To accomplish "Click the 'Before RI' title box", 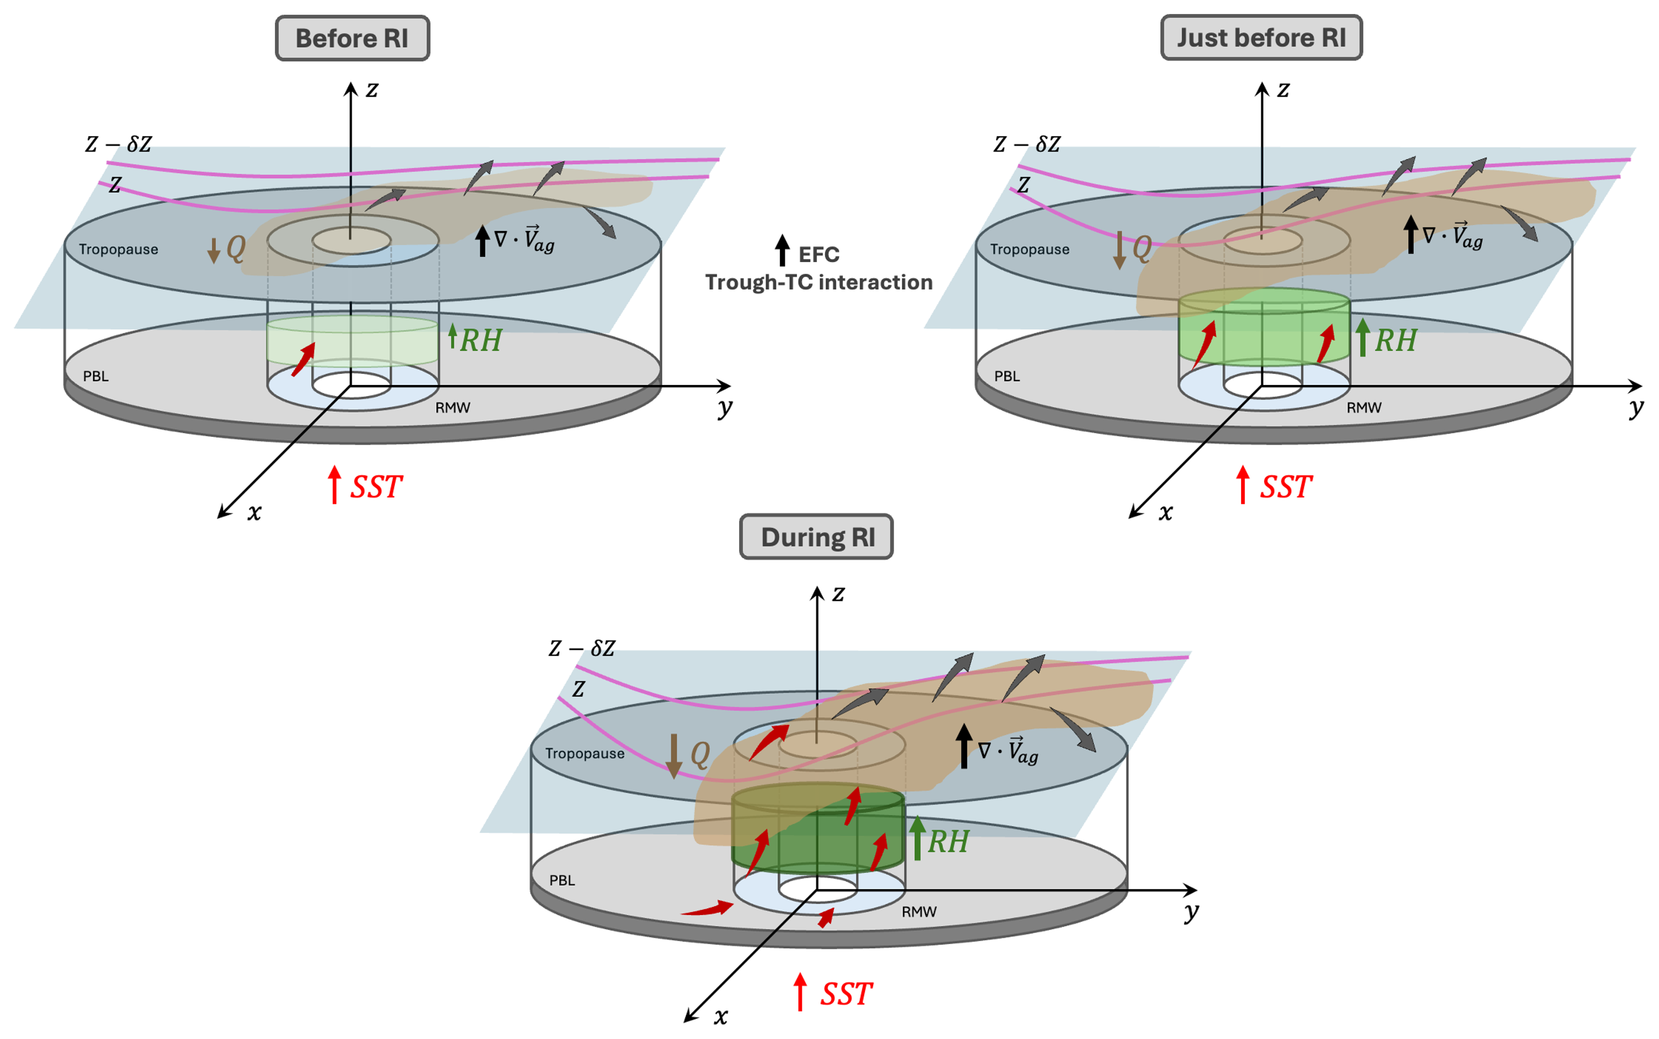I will (x=352, y=39).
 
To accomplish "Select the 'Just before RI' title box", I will (x=1260, y=38).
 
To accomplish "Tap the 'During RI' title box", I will (x=816, y=536).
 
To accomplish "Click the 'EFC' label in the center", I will (x=819, y=255).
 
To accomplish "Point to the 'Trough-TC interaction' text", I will (x=819, y=283).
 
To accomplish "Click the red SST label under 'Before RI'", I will (x=376, y=487).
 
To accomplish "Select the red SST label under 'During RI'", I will (x=846, y=993).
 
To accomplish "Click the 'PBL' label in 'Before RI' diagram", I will (x=95, y=376).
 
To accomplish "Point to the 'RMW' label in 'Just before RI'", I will (x=1363, y=408).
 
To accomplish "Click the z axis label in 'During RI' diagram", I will (x=838, y=593).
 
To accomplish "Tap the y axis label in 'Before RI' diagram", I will (x=724, y=408).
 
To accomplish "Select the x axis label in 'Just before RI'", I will (x=1166, y=512).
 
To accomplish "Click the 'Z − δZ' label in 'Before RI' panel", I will (x=118, y=145).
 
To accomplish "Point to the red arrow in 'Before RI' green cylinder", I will (x=303, y=359).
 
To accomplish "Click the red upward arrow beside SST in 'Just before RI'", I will (x=1242, y=484).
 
